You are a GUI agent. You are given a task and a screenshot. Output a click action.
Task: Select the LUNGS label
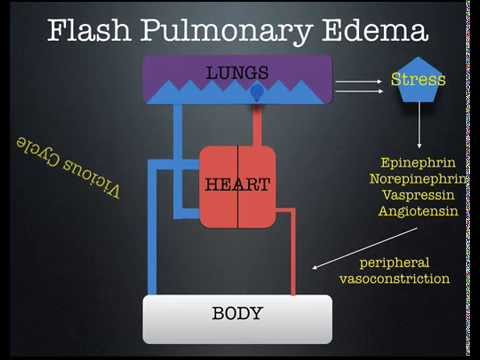[x=237, y=72]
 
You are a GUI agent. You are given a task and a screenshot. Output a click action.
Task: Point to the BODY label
[x=237, y=314]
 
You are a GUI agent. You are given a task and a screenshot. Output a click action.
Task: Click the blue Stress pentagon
[x=417, y=80]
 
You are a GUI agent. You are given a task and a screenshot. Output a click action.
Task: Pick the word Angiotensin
[x=417, y=212]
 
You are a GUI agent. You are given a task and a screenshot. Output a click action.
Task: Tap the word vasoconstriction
[x=394, y=278]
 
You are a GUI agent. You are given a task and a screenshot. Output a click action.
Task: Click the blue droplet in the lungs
[x=257, y=92]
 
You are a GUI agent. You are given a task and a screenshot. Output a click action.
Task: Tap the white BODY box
[x=238, y=319]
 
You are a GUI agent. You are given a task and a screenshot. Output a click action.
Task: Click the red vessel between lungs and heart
[x=256, y=124]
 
